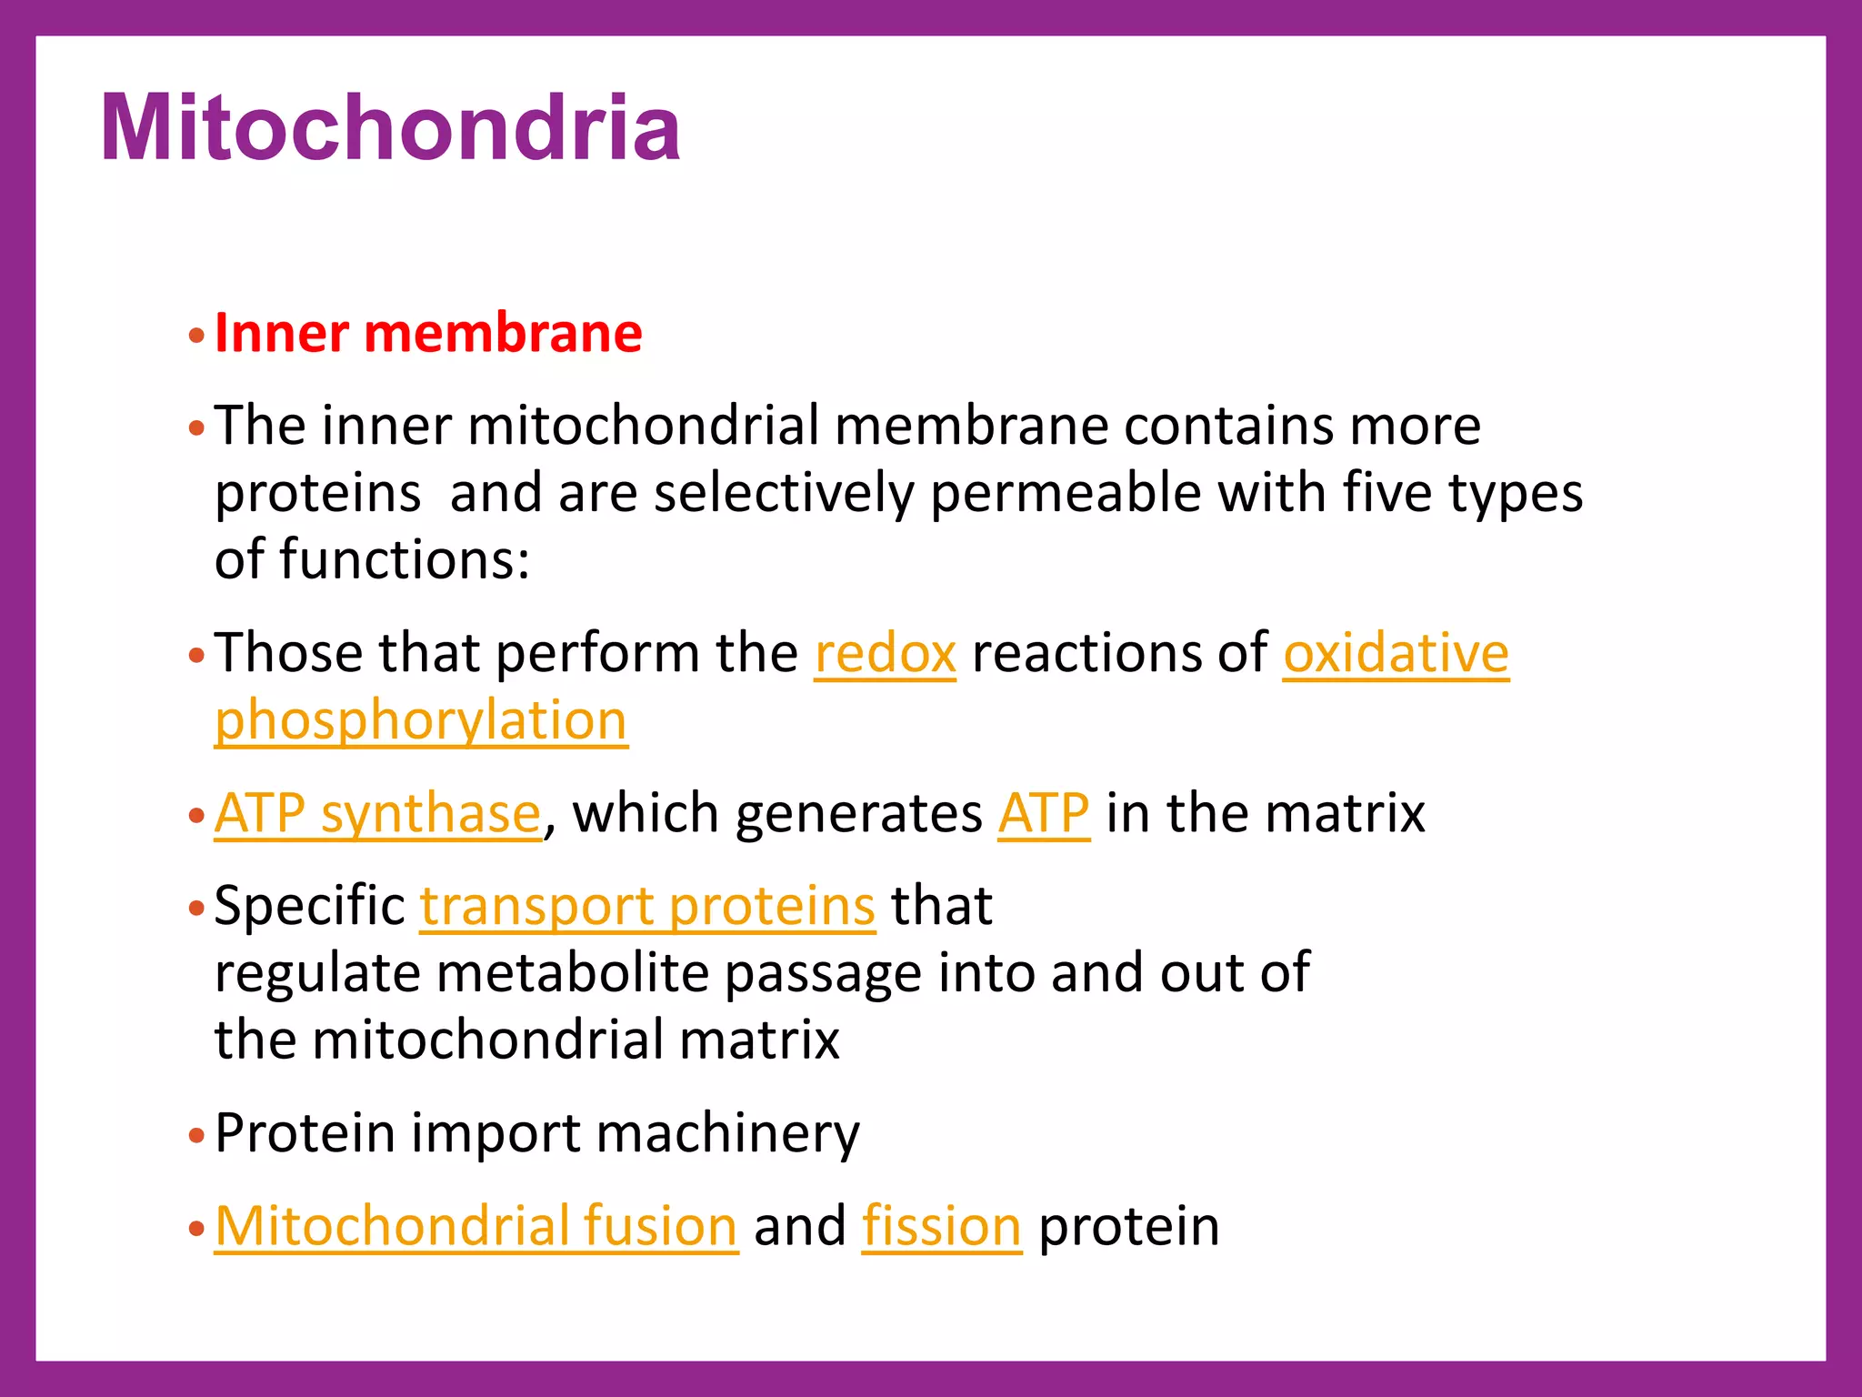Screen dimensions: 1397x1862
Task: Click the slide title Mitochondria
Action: click(391, 128)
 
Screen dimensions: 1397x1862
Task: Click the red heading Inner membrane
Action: click(428, 333)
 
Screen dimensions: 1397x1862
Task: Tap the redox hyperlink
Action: click(885, 653)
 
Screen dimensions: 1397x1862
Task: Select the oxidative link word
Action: click(1396, 653)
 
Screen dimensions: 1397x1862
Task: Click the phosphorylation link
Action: click(421, 720)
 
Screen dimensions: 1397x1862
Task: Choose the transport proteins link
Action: click(647, 906)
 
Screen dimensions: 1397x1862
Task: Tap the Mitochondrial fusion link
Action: click(476, 1226)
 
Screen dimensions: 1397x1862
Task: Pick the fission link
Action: click(942, 1226)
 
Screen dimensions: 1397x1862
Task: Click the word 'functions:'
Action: click(405, 559)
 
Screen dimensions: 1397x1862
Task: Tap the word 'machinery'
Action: click(727, 1134)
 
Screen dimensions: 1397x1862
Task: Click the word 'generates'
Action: click(858, 814)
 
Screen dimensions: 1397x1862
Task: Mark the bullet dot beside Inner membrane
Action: click(196, 337)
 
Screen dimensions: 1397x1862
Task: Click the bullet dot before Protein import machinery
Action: click(196, 1136)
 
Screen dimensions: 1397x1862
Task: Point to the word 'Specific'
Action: click(309, 908)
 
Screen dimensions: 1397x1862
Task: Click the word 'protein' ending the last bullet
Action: click(1128, 1227)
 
